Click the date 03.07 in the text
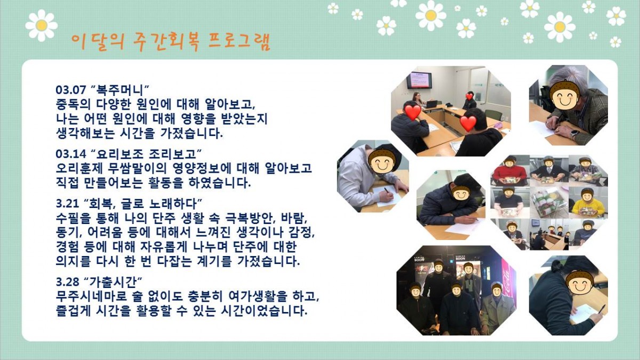pyautogui.click(x=71, y=90)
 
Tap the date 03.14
pyautogui.click(x=71, y=154)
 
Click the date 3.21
pyautogui.click(x=68, y=204)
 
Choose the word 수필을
pyautogui.click(x=73, y=218)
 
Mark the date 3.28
pyautogui.click(x=68, y=282)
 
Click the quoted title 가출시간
pyautogui.click(x=114, y=282)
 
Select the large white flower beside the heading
pyautogui.click(x=42, y=25)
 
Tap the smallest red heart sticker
pyautogui.click(x=469, y=96)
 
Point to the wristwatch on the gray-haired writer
pyautogui.click(x=574, y=133)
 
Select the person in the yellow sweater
pyautogui.click(x=587, y=205)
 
